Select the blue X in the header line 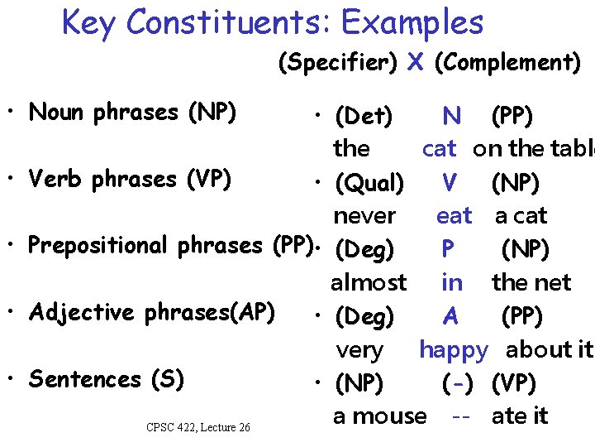click(416, 62)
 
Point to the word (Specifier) click(339, 63)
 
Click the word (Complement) click(507, 63)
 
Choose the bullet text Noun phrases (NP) click(132, 112)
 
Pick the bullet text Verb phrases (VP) click(130, 179)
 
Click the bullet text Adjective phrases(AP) click(152, 312)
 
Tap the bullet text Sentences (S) click(107, 379)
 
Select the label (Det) click(364, 115)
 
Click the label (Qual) click(369, 182)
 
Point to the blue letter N click(452, 115)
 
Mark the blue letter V click(450, 182)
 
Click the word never click(364, 216)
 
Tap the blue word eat click(454, 216)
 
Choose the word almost click(369, 283)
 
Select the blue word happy click(454, 350)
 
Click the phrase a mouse click(380, 416)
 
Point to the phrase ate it click(520, 416)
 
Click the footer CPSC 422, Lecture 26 click(198, 427)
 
